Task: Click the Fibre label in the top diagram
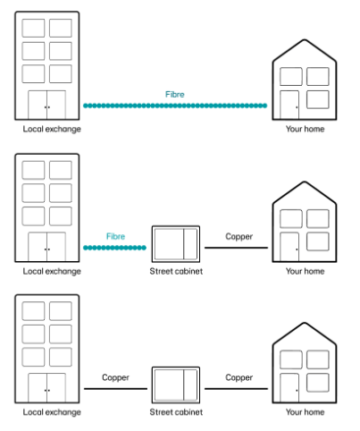pyautogui.click(x=175, y=95)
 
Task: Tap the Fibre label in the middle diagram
pyautogui.click(x=115, y=236)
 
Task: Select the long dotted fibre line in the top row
pyautogui.click(x=175, y=106)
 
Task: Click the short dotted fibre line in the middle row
pyautogui.click(x=114, y=248)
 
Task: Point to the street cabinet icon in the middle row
pyautogui.click(x=176, y=244)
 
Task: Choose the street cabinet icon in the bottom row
pyautogui.click(x=176, y=385)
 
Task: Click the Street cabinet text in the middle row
pyautogui.click(x=176, y=271)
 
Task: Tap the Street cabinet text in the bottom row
pyautogui.click(x=176, y=412)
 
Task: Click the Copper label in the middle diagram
pyautogui.click(x=239, y=237)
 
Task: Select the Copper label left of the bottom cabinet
pyautogui.click(x=115, y=378)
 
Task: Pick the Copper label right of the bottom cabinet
pyautogui.click(x=239, y=378)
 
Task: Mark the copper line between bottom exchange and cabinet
pyautogui.click(x=115, y=389)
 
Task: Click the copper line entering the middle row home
pyautogui.click(x=236, y=248)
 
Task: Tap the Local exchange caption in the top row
pyautogui.click(x=52, y=129)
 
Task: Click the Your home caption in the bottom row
pyautogui.click(x=305, y=412)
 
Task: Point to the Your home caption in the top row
pyautogui.click(x=305, y=129)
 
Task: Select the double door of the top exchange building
pyautogui.click(x=47, y=105)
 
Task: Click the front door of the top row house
pyautogui.click(x=289, y=105)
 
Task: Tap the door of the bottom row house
pyautogui.click(x=289, y=388)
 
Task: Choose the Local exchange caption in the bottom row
pyautogui.click(x=52, y=412)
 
